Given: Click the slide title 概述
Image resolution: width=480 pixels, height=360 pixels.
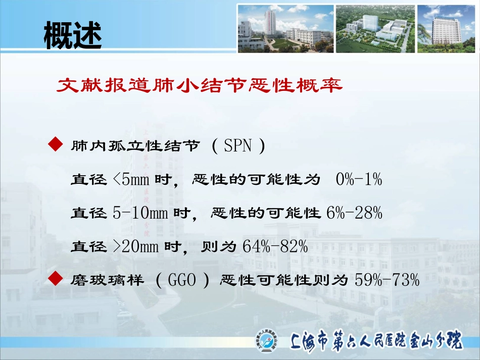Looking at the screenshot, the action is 73,35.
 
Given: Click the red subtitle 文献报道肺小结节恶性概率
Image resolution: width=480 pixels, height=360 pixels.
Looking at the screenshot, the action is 200,85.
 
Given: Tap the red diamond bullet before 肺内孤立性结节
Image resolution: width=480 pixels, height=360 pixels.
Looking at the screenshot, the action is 56,144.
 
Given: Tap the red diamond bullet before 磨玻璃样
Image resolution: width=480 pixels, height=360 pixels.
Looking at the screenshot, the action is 56,278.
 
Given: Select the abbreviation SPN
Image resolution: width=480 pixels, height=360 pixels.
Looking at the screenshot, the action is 238,145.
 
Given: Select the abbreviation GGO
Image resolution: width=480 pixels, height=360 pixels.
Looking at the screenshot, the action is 182,280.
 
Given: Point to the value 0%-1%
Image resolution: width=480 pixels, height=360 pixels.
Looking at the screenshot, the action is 359,179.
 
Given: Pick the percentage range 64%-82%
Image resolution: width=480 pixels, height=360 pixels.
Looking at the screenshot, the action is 275,246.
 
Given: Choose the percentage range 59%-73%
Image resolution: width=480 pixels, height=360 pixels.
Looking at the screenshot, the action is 387,280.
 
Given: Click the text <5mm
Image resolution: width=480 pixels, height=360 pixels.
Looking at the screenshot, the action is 131,179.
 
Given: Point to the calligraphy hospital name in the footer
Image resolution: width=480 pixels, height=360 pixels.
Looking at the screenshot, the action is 376,340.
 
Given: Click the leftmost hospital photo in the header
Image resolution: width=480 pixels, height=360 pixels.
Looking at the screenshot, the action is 285,29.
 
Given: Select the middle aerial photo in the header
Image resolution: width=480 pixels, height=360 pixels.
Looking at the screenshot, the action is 375,29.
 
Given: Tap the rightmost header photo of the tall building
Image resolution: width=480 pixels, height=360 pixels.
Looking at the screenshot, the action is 446,29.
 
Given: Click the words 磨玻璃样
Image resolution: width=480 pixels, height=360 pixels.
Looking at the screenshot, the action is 107,280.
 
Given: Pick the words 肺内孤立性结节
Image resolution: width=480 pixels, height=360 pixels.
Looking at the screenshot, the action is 135,145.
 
